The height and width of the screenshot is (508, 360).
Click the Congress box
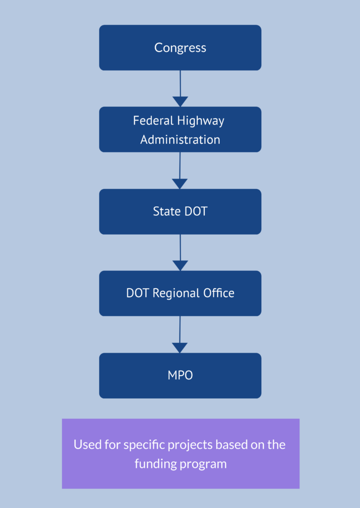[180, 48]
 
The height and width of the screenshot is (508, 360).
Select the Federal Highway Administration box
[180, 129]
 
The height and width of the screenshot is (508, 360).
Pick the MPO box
[180, 376]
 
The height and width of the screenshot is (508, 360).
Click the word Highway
[203, 121]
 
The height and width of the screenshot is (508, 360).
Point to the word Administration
[180, 140]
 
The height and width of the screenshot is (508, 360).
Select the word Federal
[153, 121]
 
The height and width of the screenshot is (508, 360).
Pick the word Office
[219, 293]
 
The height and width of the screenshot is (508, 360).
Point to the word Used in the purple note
[85, 444]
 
